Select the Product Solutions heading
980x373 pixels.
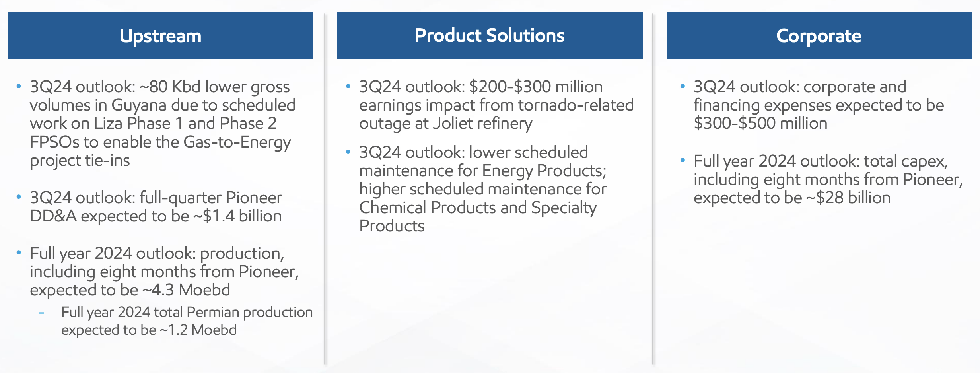490,35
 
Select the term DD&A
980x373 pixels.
53,216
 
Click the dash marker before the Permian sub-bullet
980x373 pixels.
41,313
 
